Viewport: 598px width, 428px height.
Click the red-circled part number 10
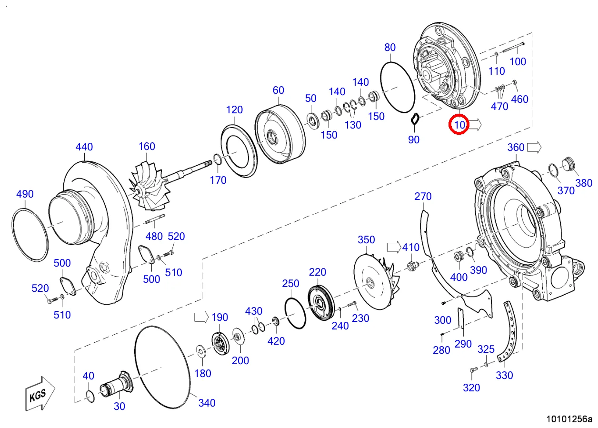[x=459, y=125]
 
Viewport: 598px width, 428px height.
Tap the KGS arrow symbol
[x=40, y=394]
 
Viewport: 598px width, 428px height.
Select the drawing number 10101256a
[x=569, y=419]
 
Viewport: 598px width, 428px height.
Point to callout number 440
[x=84, y=147]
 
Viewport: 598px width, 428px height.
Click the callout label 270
[x=423, y=197]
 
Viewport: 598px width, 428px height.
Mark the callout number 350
[x=366, y=240]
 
